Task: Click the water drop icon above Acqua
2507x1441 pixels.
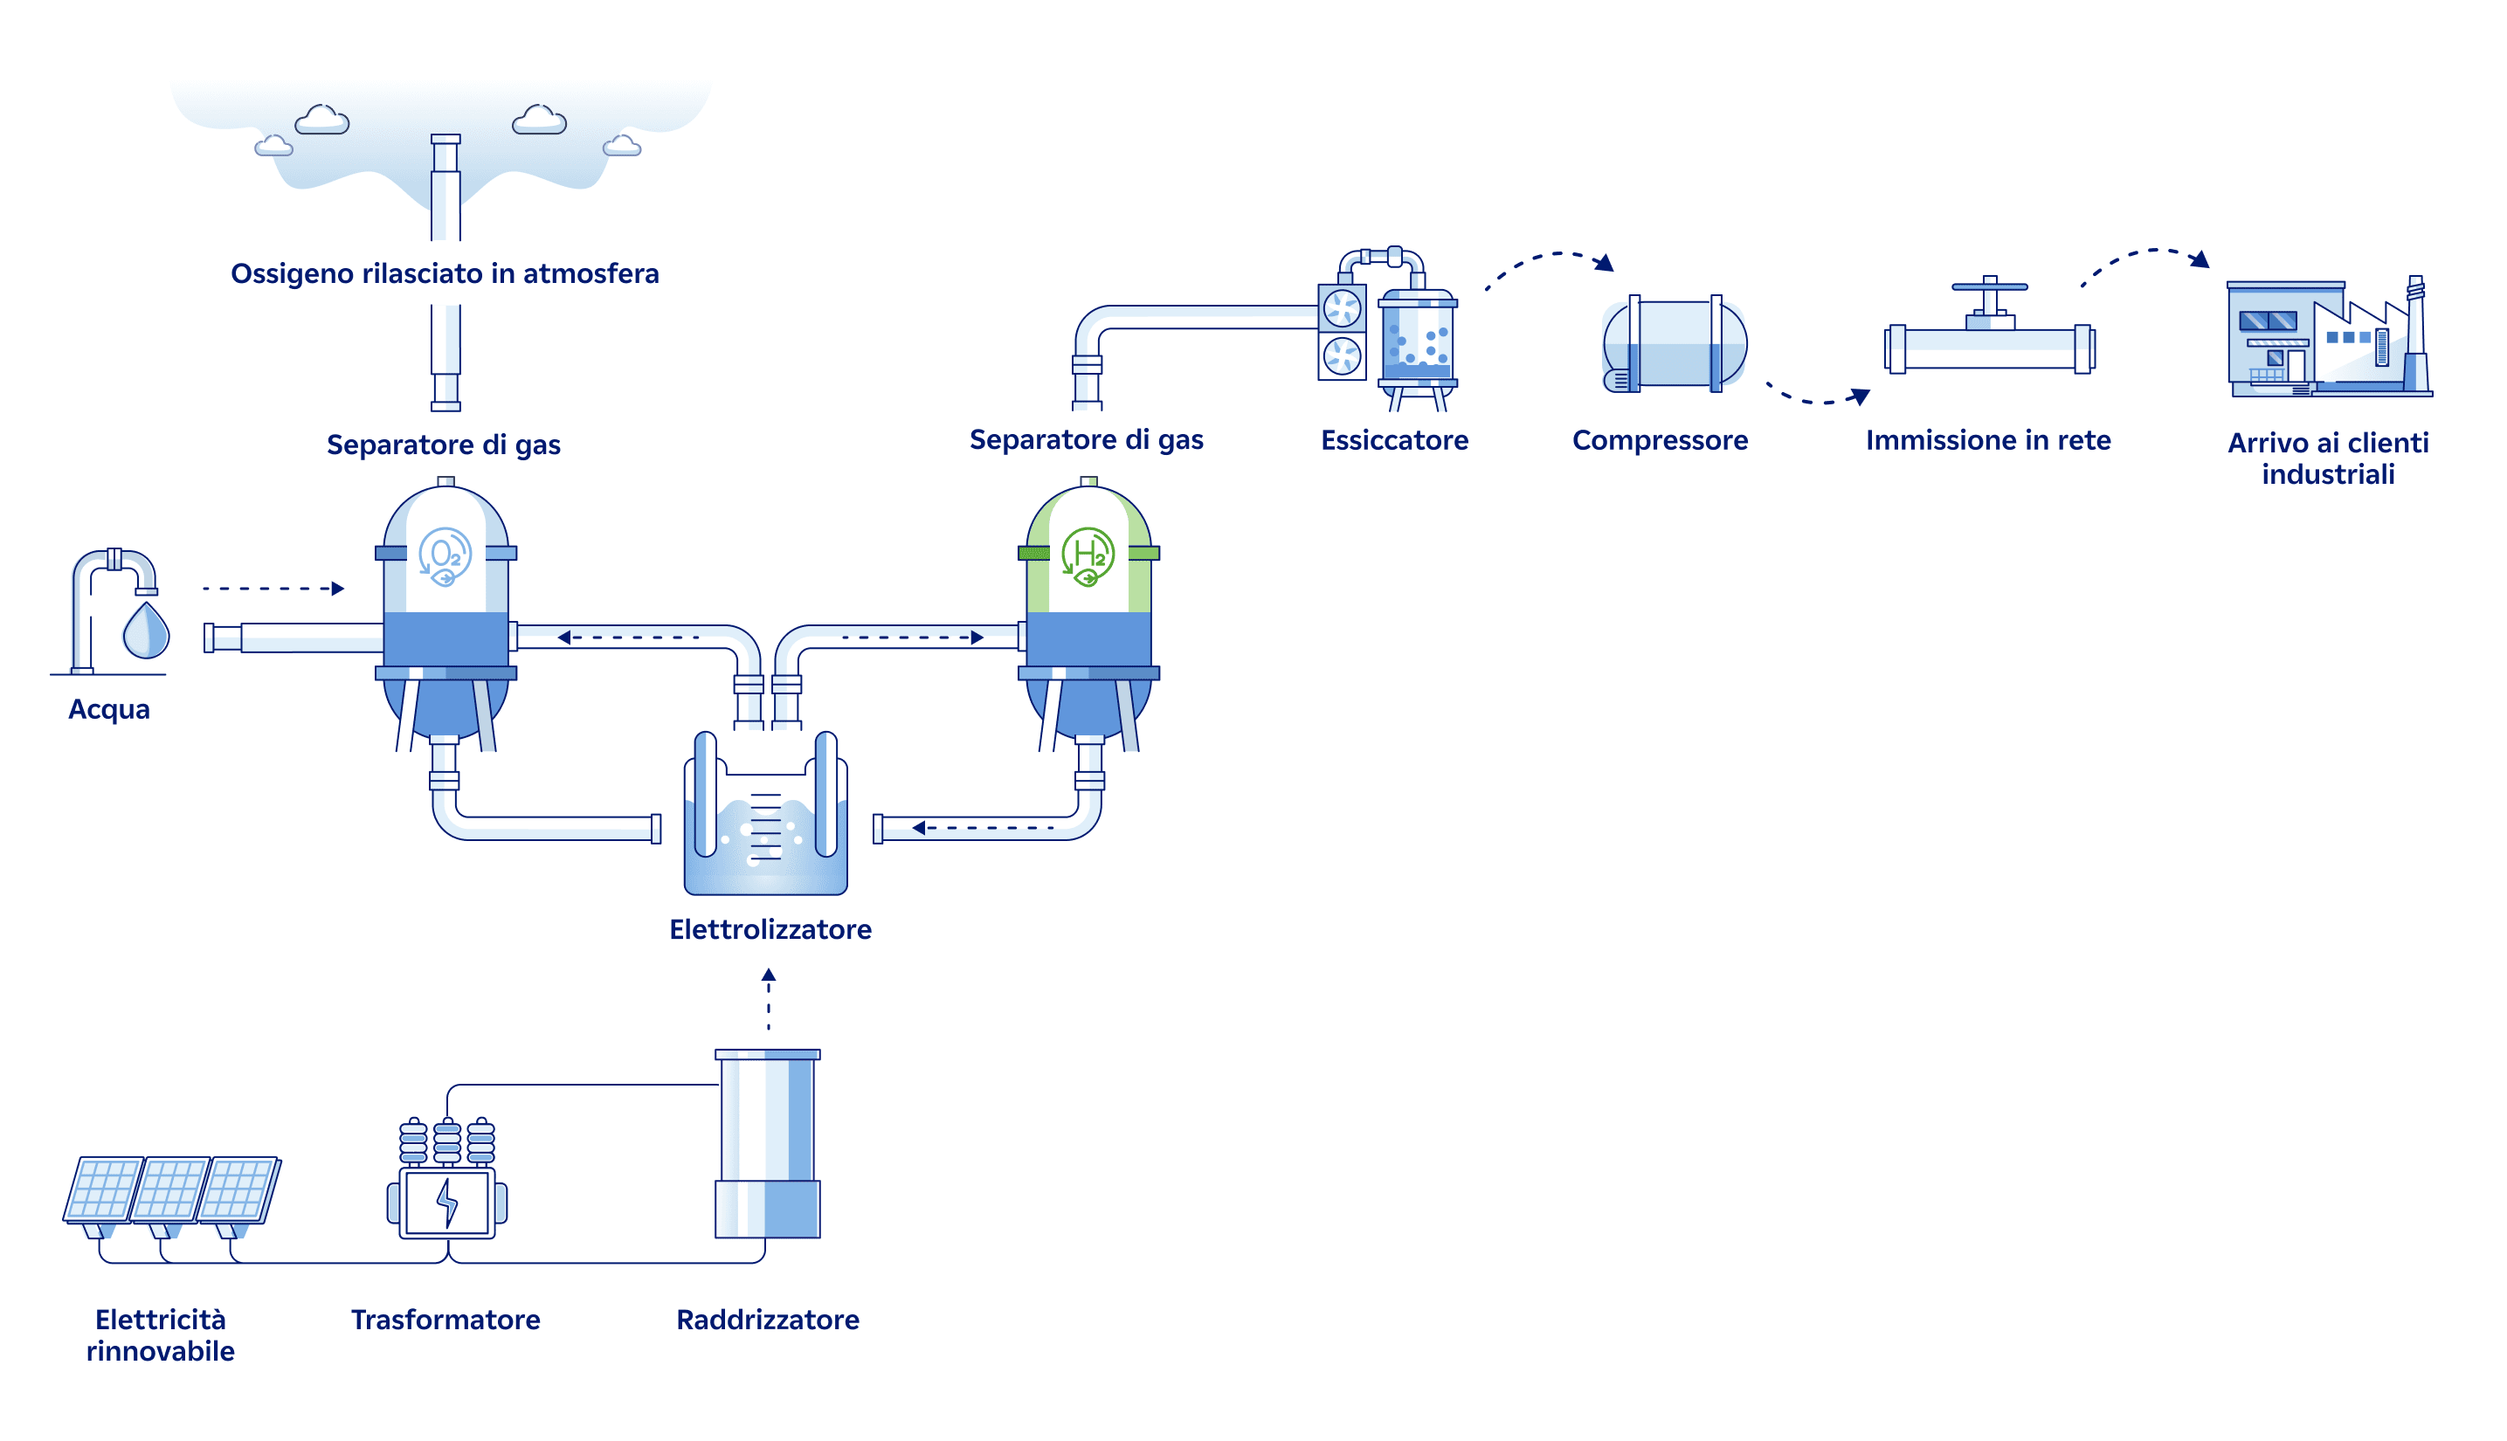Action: pos(146,631)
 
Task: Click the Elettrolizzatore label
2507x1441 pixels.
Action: pos(770,929)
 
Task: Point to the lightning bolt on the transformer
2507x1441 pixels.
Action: pos(447,1203)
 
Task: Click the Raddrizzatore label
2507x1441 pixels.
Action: pos(767,1320)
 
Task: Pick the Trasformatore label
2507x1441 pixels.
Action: pos(445,1320)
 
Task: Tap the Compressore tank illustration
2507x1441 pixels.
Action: pos(1675,344)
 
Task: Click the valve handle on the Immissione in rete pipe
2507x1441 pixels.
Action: pos(1989,287)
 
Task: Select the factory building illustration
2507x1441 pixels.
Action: pos(2329,339)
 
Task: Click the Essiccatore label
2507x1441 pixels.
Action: pos(1394,440)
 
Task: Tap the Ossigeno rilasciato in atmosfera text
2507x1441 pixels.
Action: pos(445,273)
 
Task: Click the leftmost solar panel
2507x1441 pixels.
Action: pos(103,1189)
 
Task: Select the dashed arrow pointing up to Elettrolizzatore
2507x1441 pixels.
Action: pos(768,1000)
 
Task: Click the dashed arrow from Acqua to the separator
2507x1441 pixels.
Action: pos(273,589)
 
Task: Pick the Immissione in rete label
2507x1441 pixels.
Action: pos(1987,440)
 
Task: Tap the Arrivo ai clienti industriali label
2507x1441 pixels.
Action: pos(2328,458)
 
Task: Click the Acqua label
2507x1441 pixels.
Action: pos(109,710)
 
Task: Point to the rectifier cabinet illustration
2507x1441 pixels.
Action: pos(768,1143)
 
